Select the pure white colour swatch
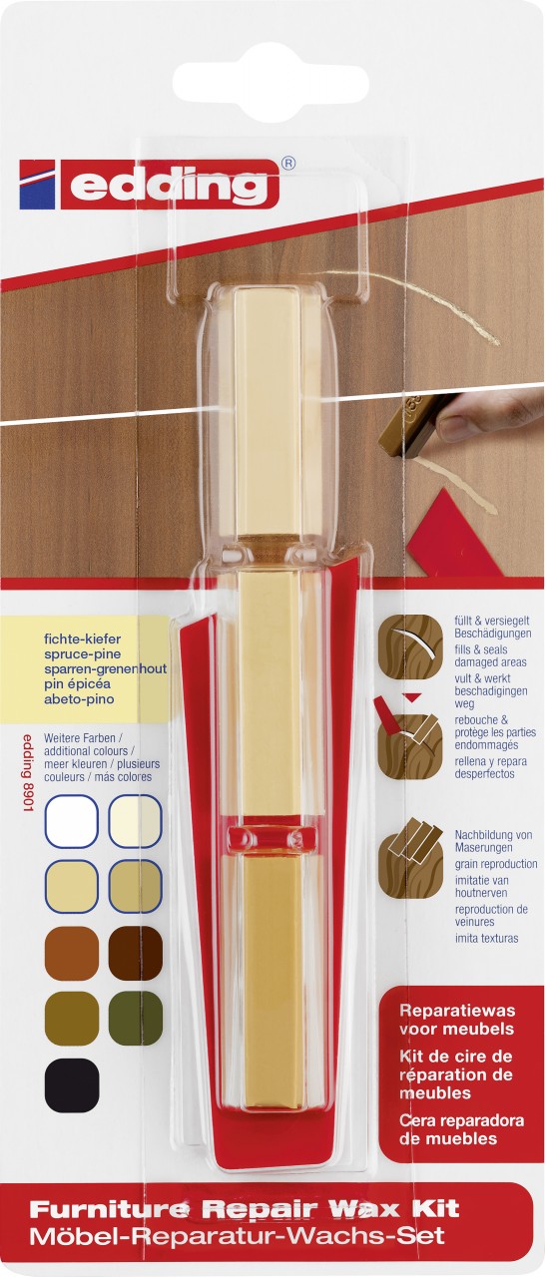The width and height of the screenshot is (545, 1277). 72,822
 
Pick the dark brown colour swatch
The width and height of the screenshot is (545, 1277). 135,953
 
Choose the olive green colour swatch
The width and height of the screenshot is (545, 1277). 135,1019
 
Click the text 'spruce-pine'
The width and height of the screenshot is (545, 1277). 83,653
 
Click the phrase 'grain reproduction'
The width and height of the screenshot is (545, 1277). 496,864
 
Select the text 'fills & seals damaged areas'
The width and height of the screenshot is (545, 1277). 490,655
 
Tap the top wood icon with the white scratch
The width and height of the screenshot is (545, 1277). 410,645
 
